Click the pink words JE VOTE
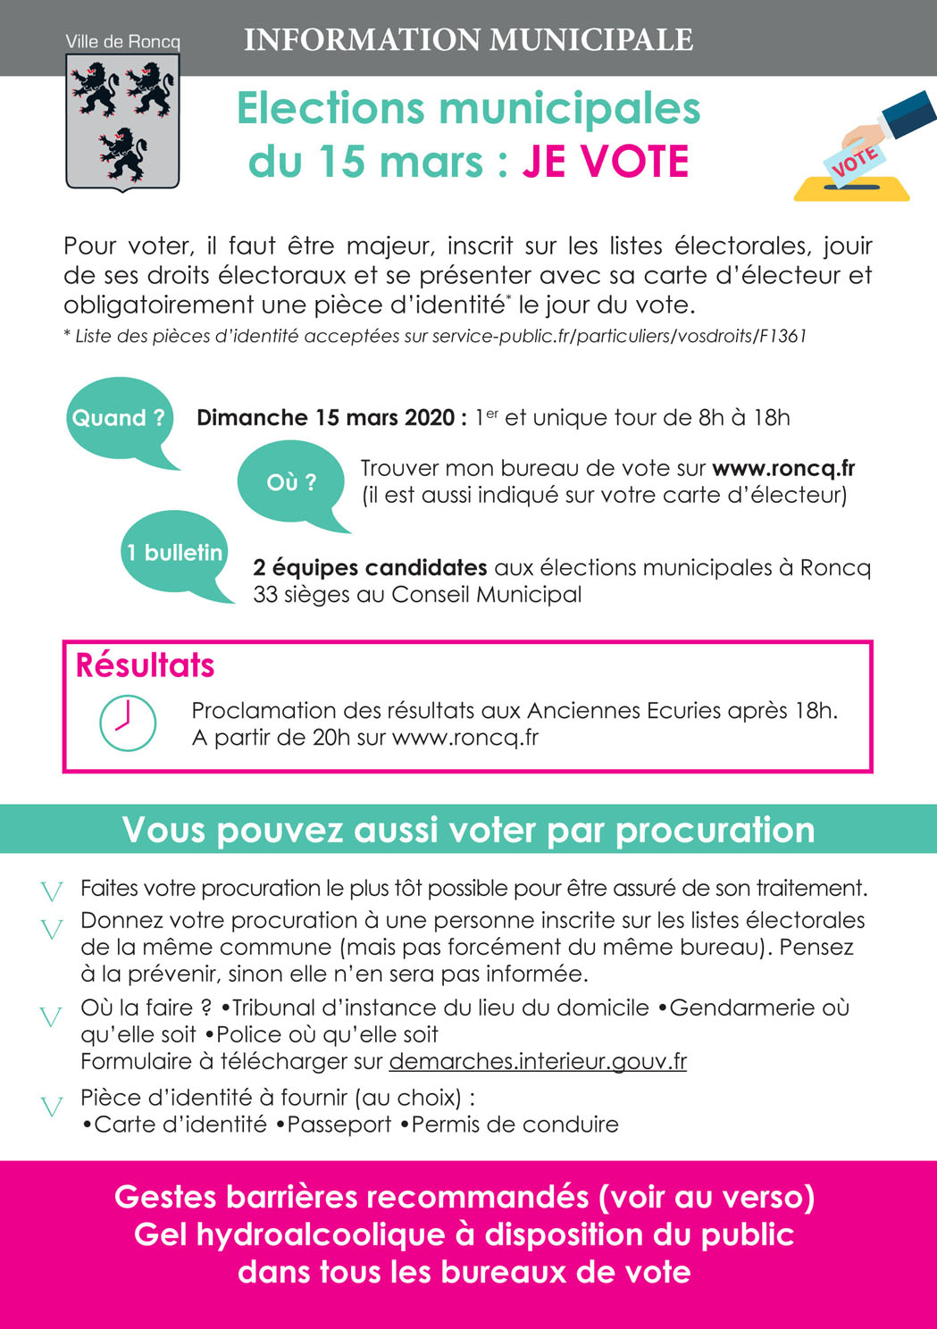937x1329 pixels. tap(606, 162)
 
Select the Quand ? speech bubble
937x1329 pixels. tap(119, 418)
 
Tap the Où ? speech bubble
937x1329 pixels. tap(291, 482)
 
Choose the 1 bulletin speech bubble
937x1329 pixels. tap(174, 553)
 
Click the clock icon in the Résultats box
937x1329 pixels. tap(128, 723)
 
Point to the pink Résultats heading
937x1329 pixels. tap(145, 665)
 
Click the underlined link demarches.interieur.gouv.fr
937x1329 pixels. tap(538, 1061)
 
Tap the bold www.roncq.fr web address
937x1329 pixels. tap(783, 468)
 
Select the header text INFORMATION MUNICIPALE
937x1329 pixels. tap(468, 40)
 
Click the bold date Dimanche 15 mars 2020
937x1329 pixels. tap(327, 418)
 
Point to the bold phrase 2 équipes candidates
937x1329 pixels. tap(370, 567)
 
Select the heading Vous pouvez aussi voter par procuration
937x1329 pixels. tap(468, 830)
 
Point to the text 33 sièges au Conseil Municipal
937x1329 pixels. tap(417, 594)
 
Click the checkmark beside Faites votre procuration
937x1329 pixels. tap(52, 890)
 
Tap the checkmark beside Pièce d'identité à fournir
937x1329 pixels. tap(52, 1107)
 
